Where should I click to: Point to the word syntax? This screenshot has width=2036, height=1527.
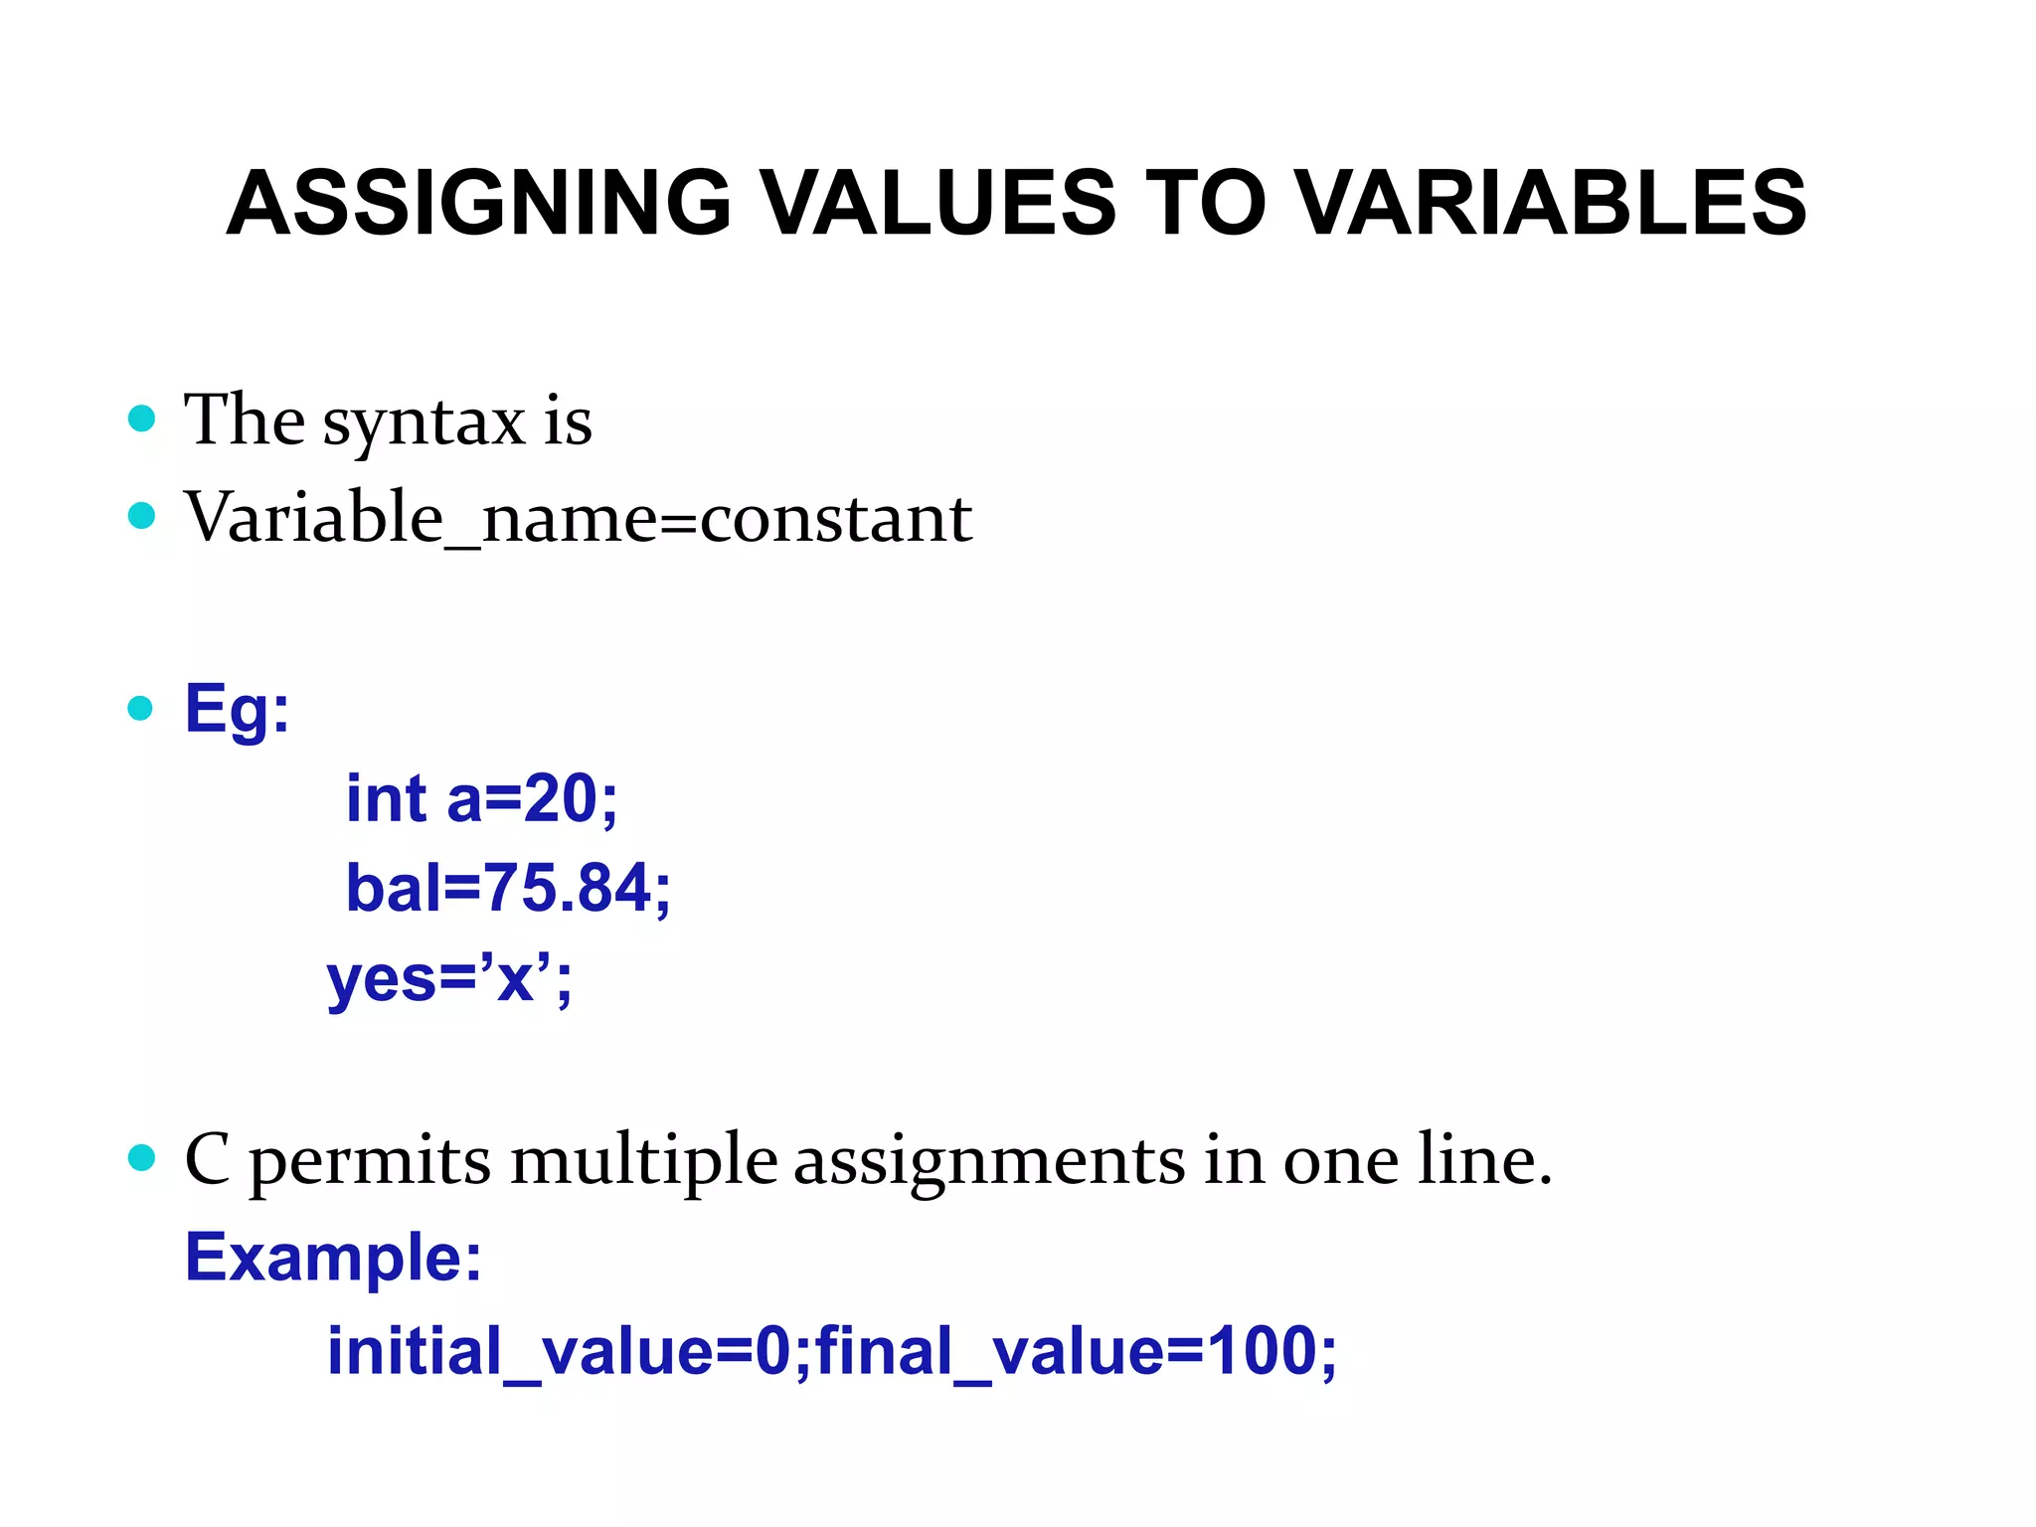point(424,423)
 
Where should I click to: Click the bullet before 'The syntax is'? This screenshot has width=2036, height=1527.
point(142,419)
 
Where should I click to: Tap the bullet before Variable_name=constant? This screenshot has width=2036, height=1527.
point(142,516)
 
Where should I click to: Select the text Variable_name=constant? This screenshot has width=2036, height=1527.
point(578,518)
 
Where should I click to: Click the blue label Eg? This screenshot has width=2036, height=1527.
point(237,710)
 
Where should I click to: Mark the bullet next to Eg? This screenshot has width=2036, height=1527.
point(141,708)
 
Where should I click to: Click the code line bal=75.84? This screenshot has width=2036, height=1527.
point(508,888)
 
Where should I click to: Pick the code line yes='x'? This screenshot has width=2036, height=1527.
point(449,978)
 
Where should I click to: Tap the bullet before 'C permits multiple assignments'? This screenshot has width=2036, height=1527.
point(142,1158)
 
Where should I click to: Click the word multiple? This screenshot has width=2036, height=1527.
point(643,1160)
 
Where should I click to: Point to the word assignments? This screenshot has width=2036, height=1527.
point(989,1162)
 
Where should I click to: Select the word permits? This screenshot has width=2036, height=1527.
point(369,1162)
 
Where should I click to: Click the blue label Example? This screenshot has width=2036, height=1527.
point(334,1258)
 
